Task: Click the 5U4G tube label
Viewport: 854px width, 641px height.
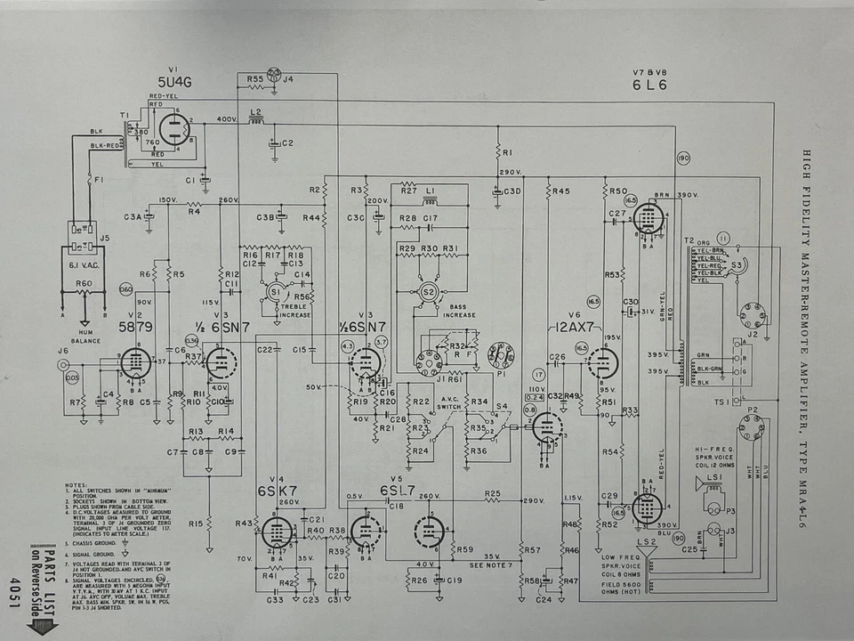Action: (174, 82)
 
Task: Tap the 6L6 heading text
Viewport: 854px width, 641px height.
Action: (650, 85)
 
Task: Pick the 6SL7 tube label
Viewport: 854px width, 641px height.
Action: (397, 491)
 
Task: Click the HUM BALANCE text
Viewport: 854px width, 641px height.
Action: (85, 337)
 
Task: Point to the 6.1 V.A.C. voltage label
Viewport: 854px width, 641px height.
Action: (86, 264)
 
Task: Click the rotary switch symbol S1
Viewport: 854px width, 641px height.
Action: (275, 291)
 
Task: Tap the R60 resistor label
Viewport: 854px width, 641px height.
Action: (85, 282)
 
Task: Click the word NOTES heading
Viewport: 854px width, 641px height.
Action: (77, 485)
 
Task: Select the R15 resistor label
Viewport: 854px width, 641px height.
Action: (197, 523)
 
